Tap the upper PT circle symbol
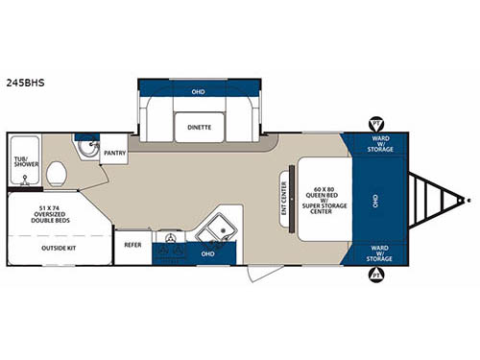pyautogui.click(x=375, y=123)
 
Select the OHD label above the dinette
pyautogui.click(x=199, y=92)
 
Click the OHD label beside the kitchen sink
pyautogui.click(x=206, y=252)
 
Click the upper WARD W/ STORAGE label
pyautogui.click(x=378, y=144)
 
